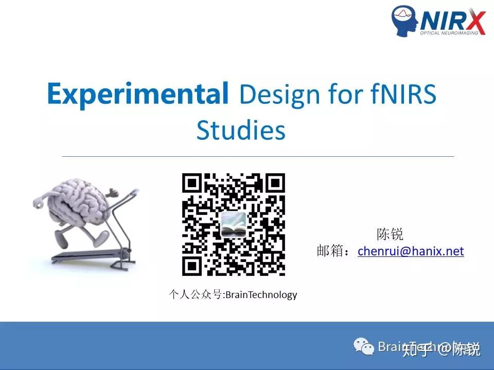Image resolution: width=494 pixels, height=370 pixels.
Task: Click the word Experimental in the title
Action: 137,94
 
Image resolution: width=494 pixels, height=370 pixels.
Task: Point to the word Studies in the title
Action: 240,131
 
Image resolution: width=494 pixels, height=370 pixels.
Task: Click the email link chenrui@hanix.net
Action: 411,251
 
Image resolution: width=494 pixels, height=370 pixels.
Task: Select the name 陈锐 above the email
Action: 390,235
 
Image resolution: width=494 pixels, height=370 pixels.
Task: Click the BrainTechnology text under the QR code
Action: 261,295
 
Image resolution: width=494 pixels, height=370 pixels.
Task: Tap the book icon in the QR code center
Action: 234,225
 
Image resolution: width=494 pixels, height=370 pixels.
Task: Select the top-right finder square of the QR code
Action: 275,183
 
